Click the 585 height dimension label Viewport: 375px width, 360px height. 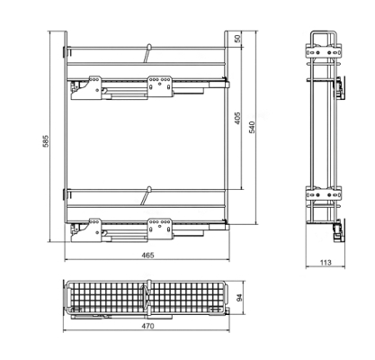[45, 140]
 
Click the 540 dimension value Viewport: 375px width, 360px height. [252, 127]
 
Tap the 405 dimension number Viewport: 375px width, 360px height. [237, 119]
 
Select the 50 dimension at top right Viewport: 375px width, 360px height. [237, 39]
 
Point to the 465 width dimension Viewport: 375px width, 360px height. [147, 255]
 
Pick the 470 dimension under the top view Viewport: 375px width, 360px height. [147, 326]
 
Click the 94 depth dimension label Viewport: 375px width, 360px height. [239, 298]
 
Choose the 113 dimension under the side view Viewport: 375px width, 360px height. [326, 263]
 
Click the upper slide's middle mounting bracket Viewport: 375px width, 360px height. [159, 86]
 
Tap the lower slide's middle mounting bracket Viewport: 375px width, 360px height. [159, 229]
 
